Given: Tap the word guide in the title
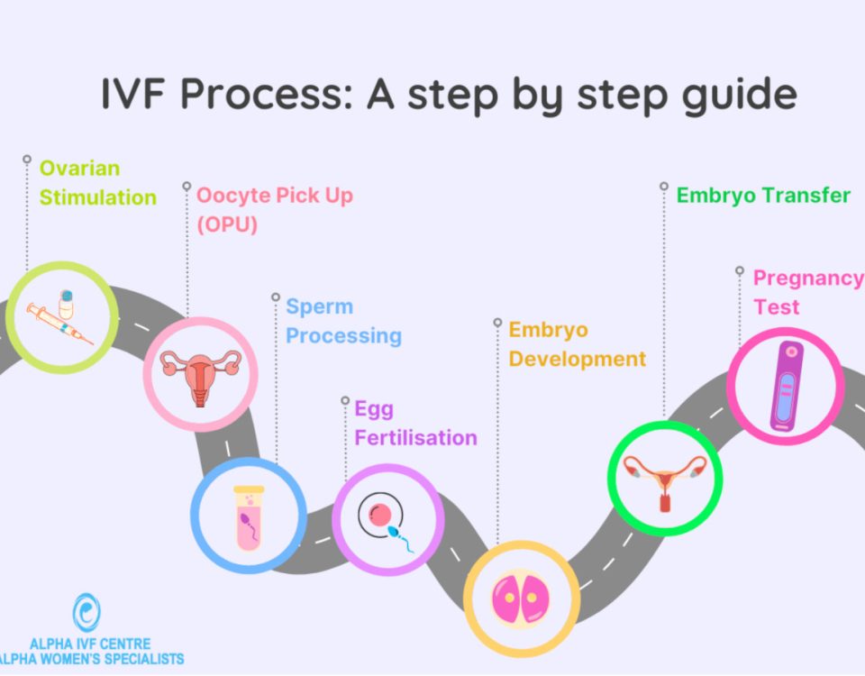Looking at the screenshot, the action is coord(739,96).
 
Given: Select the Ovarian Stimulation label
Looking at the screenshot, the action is coord(97,183).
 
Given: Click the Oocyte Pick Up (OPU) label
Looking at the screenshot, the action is coord(274,210).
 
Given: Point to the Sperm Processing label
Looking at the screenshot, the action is coord(343,321).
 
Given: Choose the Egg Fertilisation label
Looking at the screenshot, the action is coord(415,424).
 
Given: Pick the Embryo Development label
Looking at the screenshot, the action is coord(577,344).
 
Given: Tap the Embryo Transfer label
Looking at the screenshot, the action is coord(763,196).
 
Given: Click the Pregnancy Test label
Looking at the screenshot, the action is coord(808,292).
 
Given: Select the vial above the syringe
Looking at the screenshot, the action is coord(66,304).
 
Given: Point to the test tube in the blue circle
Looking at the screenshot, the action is coord(249,517).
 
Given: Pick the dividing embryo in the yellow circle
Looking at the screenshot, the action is coord(521,598).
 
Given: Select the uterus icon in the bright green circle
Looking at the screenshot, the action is coord(665,481).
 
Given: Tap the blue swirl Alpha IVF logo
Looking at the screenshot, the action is coord(86,612).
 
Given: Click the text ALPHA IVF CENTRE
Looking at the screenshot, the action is coord(90,644).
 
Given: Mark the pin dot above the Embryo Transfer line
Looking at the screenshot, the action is coord(664,187).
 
